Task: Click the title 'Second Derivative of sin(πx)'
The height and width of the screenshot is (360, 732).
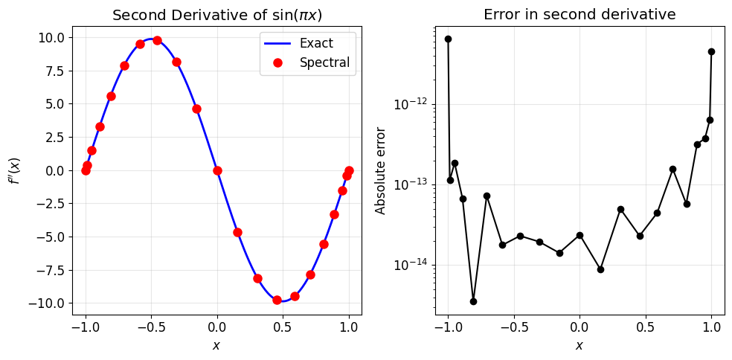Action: click(x=216, y=15)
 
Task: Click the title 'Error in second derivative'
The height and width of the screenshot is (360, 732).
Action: click(x=579, y=15)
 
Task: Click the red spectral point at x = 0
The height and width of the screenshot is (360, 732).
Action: click(x=217, y=170)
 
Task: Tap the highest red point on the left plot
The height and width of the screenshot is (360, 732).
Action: click(x=157, y=40)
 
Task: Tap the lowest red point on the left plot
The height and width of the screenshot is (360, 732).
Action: click(x=277, y=300)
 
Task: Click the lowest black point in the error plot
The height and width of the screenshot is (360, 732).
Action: click(x=473, y=301)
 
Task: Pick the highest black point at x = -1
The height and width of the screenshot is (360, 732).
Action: click(x=448, y=39)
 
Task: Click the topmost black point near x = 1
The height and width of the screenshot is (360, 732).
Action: click(x=711, y=51)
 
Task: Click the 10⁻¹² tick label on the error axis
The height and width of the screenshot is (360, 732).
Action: click(x=411, y=103)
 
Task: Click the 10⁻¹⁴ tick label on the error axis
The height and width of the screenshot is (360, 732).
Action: click(x=411, y=266)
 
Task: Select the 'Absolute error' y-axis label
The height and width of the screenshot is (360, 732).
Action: click(x=381, y=170)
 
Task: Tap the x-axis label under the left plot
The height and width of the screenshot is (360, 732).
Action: click(x=216, y=345)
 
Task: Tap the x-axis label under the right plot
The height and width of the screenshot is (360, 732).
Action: click(x=579, y=345)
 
